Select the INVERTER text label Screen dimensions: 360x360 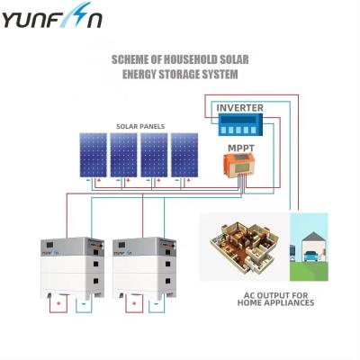(240, 107)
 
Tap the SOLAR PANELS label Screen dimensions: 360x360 (139, 126)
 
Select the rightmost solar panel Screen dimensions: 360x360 (184, 154)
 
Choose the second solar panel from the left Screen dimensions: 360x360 (123, 154)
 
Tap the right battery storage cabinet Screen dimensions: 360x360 (146, 266)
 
